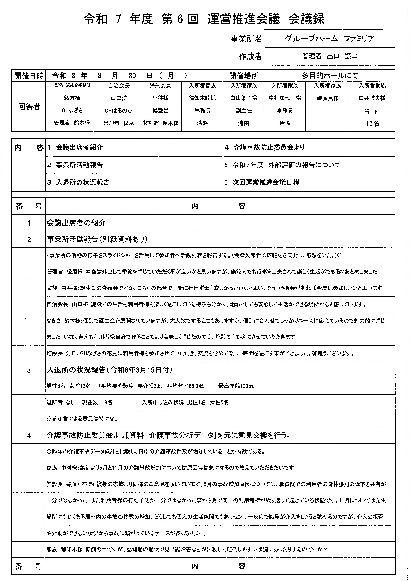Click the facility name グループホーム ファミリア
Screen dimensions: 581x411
(329, 39)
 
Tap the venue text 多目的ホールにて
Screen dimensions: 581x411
(330, 76)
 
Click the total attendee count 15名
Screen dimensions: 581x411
(372, 123)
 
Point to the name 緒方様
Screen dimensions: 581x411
(72, 98)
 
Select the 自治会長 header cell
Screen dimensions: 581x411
(119, 86)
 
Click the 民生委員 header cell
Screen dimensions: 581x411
(160, 86)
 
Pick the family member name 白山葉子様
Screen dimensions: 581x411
(244, 98)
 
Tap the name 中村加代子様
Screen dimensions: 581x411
(285, 98)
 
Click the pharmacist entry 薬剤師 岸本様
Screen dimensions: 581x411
(160, 123)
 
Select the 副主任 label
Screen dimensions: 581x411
(244, 111)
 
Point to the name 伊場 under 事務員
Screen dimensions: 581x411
(285, 123)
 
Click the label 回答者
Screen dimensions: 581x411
(29, 107)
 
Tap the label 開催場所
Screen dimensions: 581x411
(244, 76)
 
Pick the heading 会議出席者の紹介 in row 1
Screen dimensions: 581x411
(76, 223)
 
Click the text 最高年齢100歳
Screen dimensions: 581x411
(236, 386)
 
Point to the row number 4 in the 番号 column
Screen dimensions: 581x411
(29, 436)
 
